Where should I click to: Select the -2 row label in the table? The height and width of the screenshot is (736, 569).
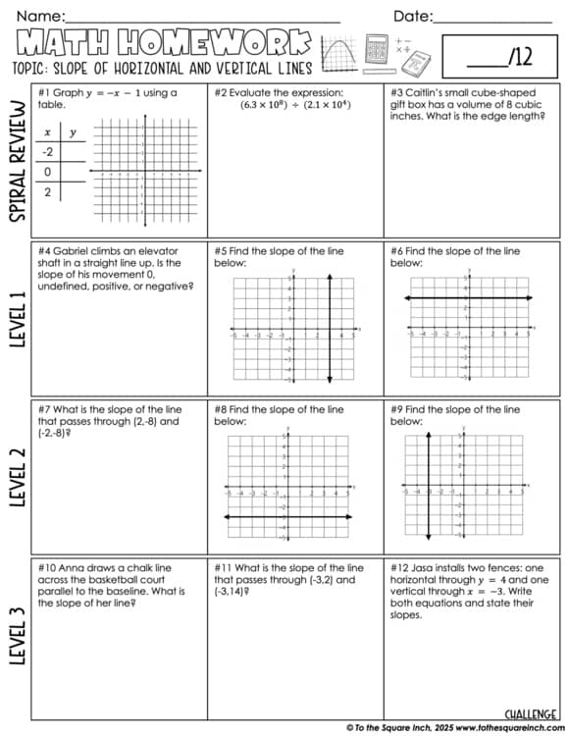coord(46,151)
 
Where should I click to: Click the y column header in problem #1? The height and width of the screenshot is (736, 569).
coord(73,131)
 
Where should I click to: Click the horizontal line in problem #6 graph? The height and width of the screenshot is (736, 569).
coord(469,297)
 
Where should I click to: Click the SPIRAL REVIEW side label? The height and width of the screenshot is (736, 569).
coord(18,162)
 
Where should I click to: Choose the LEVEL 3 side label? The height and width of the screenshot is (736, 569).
coord(18,638)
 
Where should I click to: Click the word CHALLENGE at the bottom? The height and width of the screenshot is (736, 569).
coord(532,713)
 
